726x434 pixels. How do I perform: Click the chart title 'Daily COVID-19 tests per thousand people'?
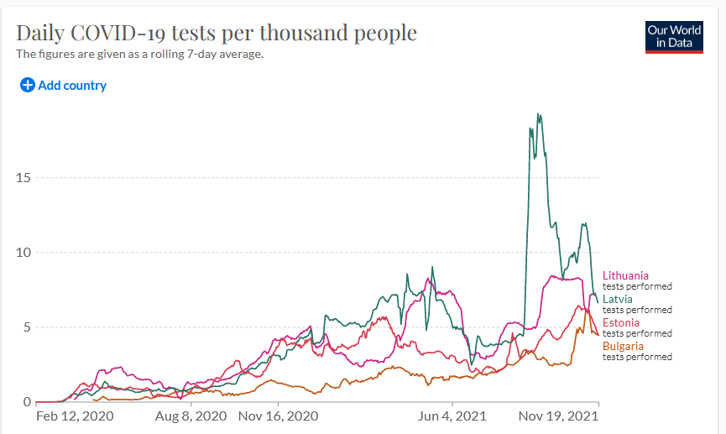217,33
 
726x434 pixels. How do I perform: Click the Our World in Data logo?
674,36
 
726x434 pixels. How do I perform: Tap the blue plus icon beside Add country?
27,85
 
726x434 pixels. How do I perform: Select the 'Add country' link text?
72,85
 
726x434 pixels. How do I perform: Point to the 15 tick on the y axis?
24,178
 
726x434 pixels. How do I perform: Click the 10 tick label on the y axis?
24,253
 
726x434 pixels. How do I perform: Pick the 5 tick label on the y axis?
27,327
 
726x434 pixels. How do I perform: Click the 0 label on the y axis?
27,402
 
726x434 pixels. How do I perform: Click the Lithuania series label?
625,275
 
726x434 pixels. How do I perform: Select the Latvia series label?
618,299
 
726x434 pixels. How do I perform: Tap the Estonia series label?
621,322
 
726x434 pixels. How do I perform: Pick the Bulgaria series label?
624,346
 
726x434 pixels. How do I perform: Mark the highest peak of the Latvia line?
538,114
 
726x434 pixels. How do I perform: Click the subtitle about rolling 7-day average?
140,54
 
